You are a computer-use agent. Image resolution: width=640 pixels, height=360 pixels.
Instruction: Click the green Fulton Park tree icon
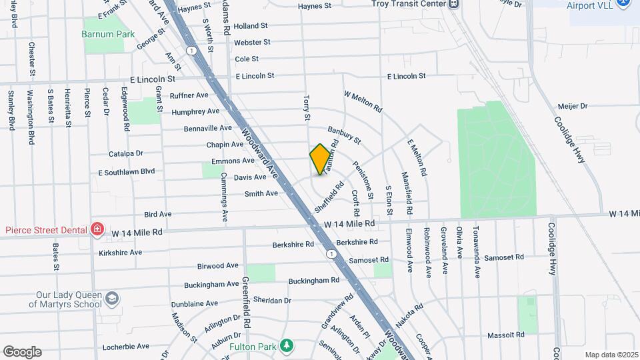287,345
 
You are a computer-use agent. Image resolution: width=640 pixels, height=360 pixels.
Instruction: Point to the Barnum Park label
108,34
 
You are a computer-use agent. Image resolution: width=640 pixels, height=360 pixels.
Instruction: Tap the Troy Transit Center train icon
453,3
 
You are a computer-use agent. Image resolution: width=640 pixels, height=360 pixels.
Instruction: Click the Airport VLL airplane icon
623,3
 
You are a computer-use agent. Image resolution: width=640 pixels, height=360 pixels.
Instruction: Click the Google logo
22,352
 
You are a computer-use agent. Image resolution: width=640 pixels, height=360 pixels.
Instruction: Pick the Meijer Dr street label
573,105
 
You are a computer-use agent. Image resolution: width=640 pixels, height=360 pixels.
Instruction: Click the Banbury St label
344,135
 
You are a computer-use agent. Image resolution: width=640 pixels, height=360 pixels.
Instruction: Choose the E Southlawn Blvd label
126,172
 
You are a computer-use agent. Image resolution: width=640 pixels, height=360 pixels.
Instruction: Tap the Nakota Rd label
409,313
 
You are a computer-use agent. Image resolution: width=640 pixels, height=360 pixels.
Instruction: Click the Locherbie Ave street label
126,347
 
